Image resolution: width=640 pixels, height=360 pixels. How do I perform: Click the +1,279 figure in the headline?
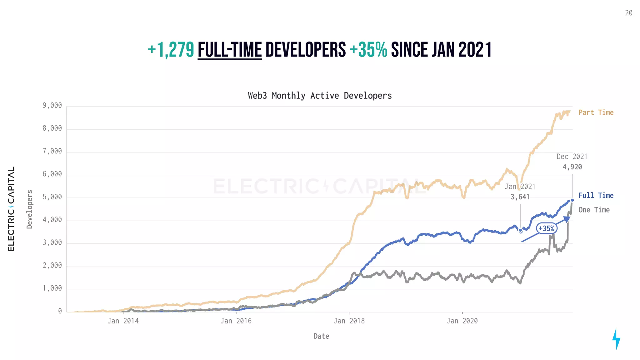171,50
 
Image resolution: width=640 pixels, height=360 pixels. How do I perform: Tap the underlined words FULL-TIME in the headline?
230,50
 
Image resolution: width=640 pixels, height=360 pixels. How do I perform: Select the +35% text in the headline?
368,50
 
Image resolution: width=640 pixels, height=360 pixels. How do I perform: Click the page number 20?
628,13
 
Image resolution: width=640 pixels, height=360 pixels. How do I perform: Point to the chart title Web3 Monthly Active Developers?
320,96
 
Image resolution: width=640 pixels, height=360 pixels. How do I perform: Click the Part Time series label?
596,112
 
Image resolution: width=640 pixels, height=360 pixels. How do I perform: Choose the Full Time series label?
596,196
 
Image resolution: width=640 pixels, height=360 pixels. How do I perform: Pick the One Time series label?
594,210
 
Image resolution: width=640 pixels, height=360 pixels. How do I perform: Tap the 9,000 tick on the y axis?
52,106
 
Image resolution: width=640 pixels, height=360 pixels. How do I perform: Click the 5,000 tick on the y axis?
52,197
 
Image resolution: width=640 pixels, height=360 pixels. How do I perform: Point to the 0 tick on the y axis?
60,311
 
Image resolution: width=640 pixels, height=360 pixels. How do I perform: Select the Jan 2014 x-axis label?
123,321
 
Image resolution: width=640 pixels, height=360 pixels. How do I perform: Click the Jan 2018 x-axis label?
349,321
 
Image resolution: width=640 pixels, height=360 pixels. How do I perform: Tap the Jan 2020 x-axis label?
462,321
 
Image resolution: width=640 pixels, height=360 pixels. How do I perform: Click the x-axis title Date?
321,336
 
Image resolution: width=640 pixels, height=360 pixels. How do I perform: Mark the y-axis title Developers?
30,209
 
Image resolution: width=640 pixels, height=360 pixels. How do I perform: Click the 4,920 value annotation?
572,167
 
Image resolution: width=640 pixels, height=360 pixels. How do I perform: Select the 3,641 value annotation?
520,197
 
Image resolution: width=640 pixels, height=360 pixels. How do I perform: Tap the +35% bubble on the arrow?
546,228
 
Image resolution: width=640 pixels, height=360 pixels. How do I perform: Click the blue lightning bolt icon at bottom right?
616,339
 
